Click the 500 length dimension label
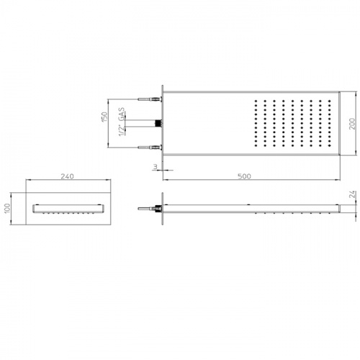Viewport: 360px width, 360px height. [244, 176]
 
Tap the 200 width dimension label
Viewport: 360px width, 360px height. [352, 124]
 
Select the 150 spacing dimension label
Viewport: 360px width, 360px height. [105, 117]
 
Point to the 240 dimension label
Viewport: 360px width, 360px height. [68, 176]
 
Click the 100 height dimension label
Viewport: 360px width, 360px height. [7, 208]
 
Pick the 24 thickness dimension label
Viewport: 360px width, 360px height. [352, 194]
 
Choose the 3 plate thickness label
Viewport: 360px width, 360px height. [156, 166]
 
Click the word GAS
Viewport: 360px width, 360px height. [122, 114]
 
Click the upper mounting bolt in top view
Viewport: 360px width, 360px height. [150, 99]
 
